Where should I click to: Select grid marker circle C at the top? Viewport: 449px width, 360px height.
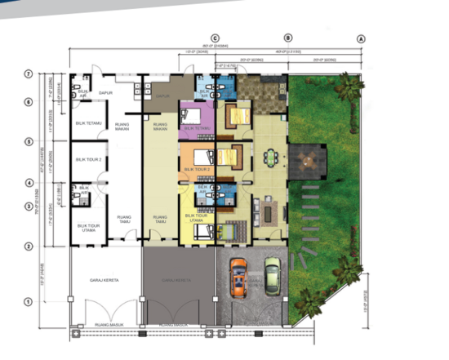coord(216,38)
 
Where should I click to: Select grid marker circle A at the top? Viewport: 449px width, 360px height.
coord(360,38)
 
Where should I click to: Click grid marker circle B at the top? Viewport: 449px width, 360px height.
coord(287,38)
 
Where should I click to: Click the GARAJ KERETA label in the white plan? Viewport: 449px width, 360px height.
coord(104,280)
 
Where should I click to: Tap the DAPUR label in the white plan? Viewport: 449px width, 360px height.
coord(104,93)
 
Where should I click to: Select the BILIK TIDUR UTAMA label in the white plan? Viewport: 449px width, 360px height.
coord(87,229)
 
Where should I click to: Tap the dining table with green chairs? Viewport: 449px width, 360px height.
coord(271,157)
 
